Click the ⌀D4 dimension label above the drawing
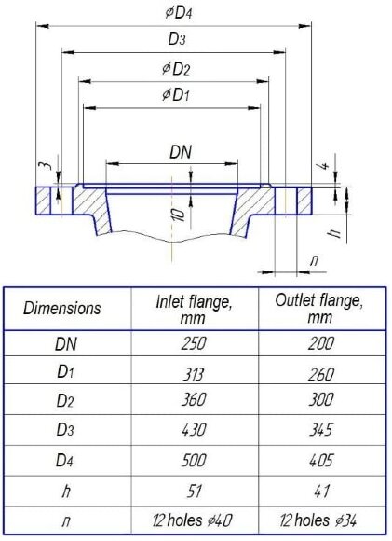(178, 13)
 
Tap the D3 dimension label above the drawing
(177, 39)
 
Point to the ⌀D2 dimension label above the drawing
(176, 69)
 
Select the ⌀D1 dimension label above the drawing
(176, 94)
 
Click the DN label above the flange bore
(181, 152)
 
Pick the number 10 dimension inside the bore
(179, 215)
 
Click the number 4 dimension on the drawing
(324, 165)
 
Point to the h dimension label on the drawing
(334, 232)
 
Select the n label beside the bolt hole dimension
(314, 260)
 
